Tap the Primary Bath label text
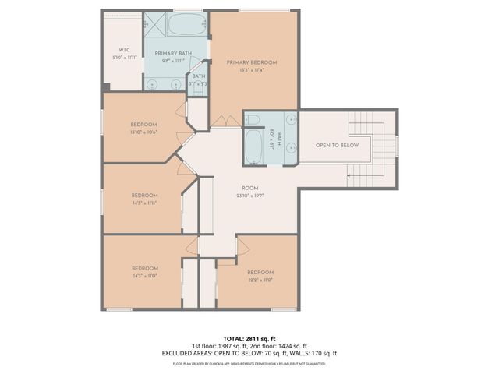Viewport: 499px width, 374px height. click(173, 53)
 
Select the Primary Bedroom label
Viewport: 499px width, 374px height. click(251, 62)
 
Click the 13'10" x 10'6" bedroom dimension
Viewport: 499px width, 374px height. click(143, 132)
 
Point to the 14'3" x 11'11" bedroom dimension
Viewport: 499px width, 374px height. click(144, 203)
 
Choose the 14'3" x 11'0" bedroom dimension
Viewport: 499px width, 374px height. click(144, 276)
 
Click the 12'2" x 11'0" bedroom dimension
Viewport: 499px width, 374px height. click(260, 280)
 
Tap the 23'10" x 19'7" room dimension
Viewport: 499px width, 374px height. click(250, 196)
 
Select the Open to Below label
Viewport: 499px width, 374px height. click(337, 146)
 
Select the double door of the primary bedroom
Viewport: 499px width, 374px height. click(226, 122)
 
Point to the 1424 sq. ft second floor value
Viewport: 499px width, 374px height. click(290, 347)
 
